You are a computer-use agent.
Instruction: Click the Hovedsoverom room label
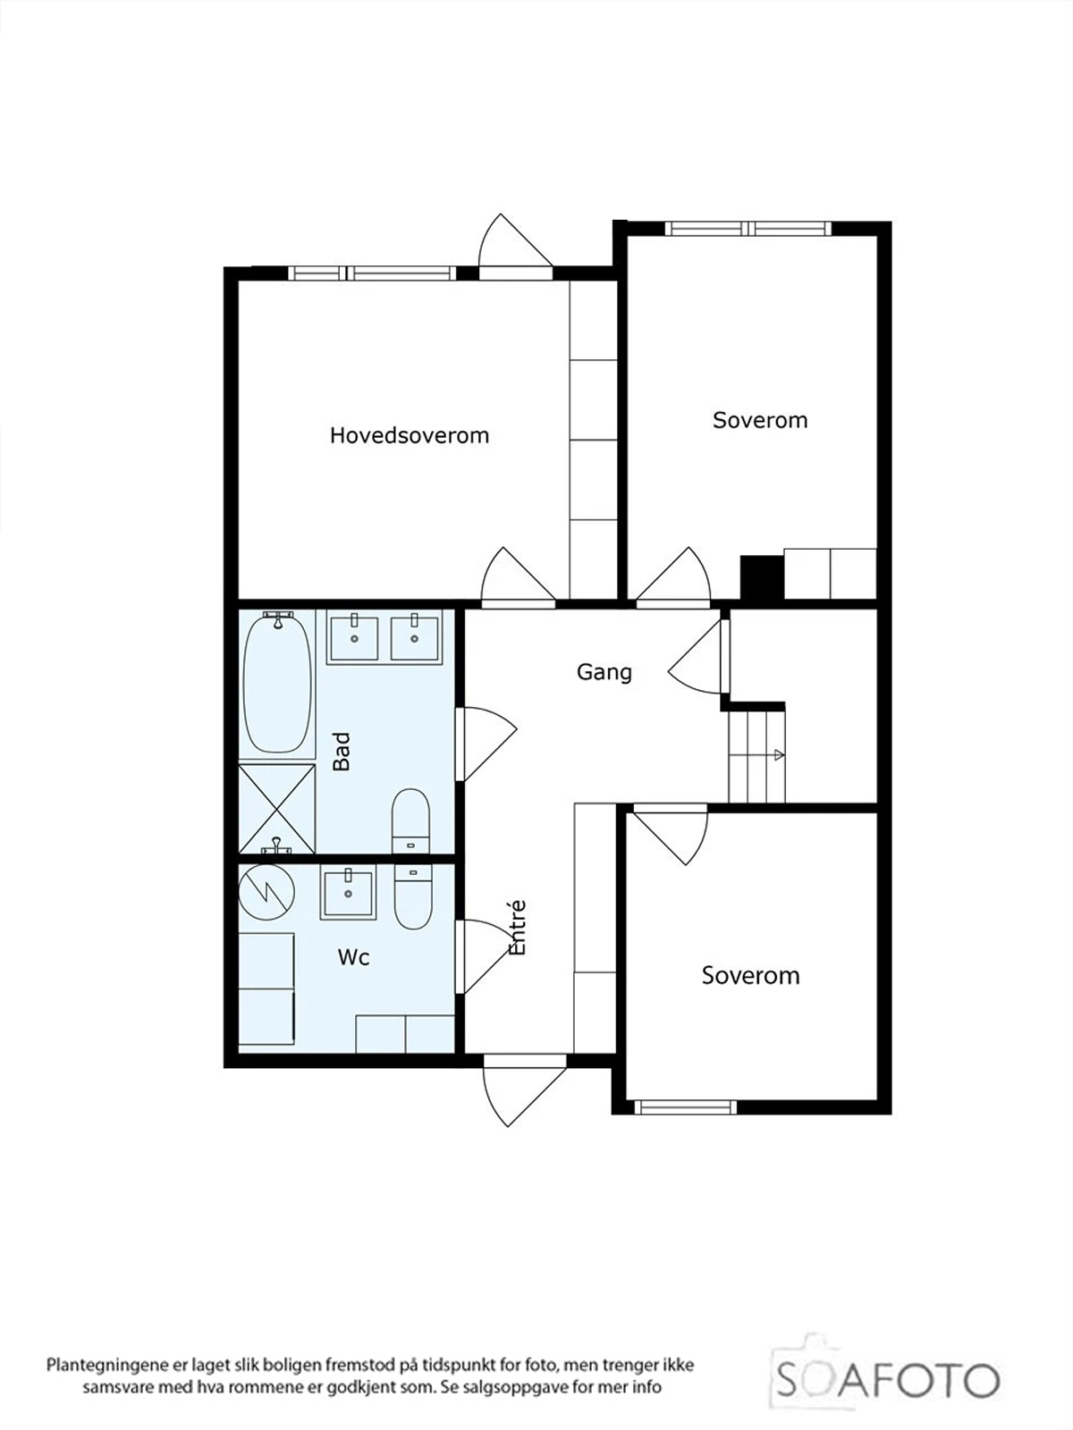point(410,435)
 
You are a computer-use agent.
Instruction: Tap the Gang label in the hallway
point(604,672)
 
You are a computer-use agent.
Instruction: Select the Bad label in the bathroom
point(342,751)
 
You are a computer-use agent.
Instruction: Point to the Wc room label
point(354,958)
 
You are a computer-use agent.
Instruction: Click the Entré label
point(518,928)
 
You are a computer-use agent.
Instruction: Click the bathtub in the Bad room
point(277,683)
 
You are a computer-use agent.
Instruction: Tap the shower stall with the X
point(277,809)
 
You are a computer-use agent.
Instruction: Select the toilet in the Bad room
point(410,820)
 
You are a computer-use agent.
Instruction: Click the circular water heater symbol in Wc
point(266,893)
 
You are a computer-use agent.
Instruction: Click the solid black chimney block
point(762,576)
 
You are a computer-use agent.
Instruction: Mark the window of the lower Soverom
point(685,1106)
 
